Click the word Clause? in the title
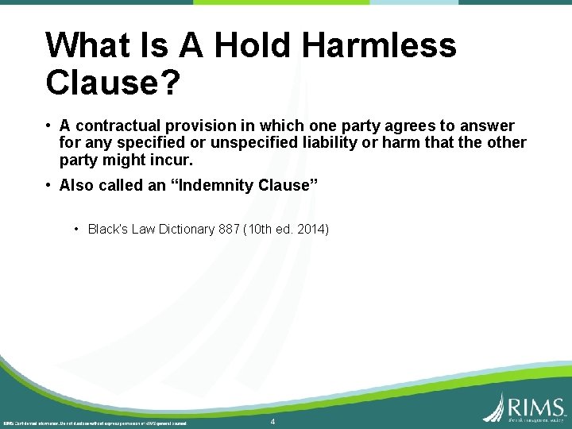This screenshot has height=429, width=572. [113, 81]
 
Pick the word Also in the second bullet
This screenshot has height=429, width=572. [77, 185]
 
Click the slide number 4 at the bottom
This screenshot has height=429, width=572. [272, 422]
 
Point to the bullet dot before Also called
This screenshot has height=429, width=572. [49, 185]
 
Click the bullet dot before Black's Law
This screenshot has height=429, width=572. [76, 230]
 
